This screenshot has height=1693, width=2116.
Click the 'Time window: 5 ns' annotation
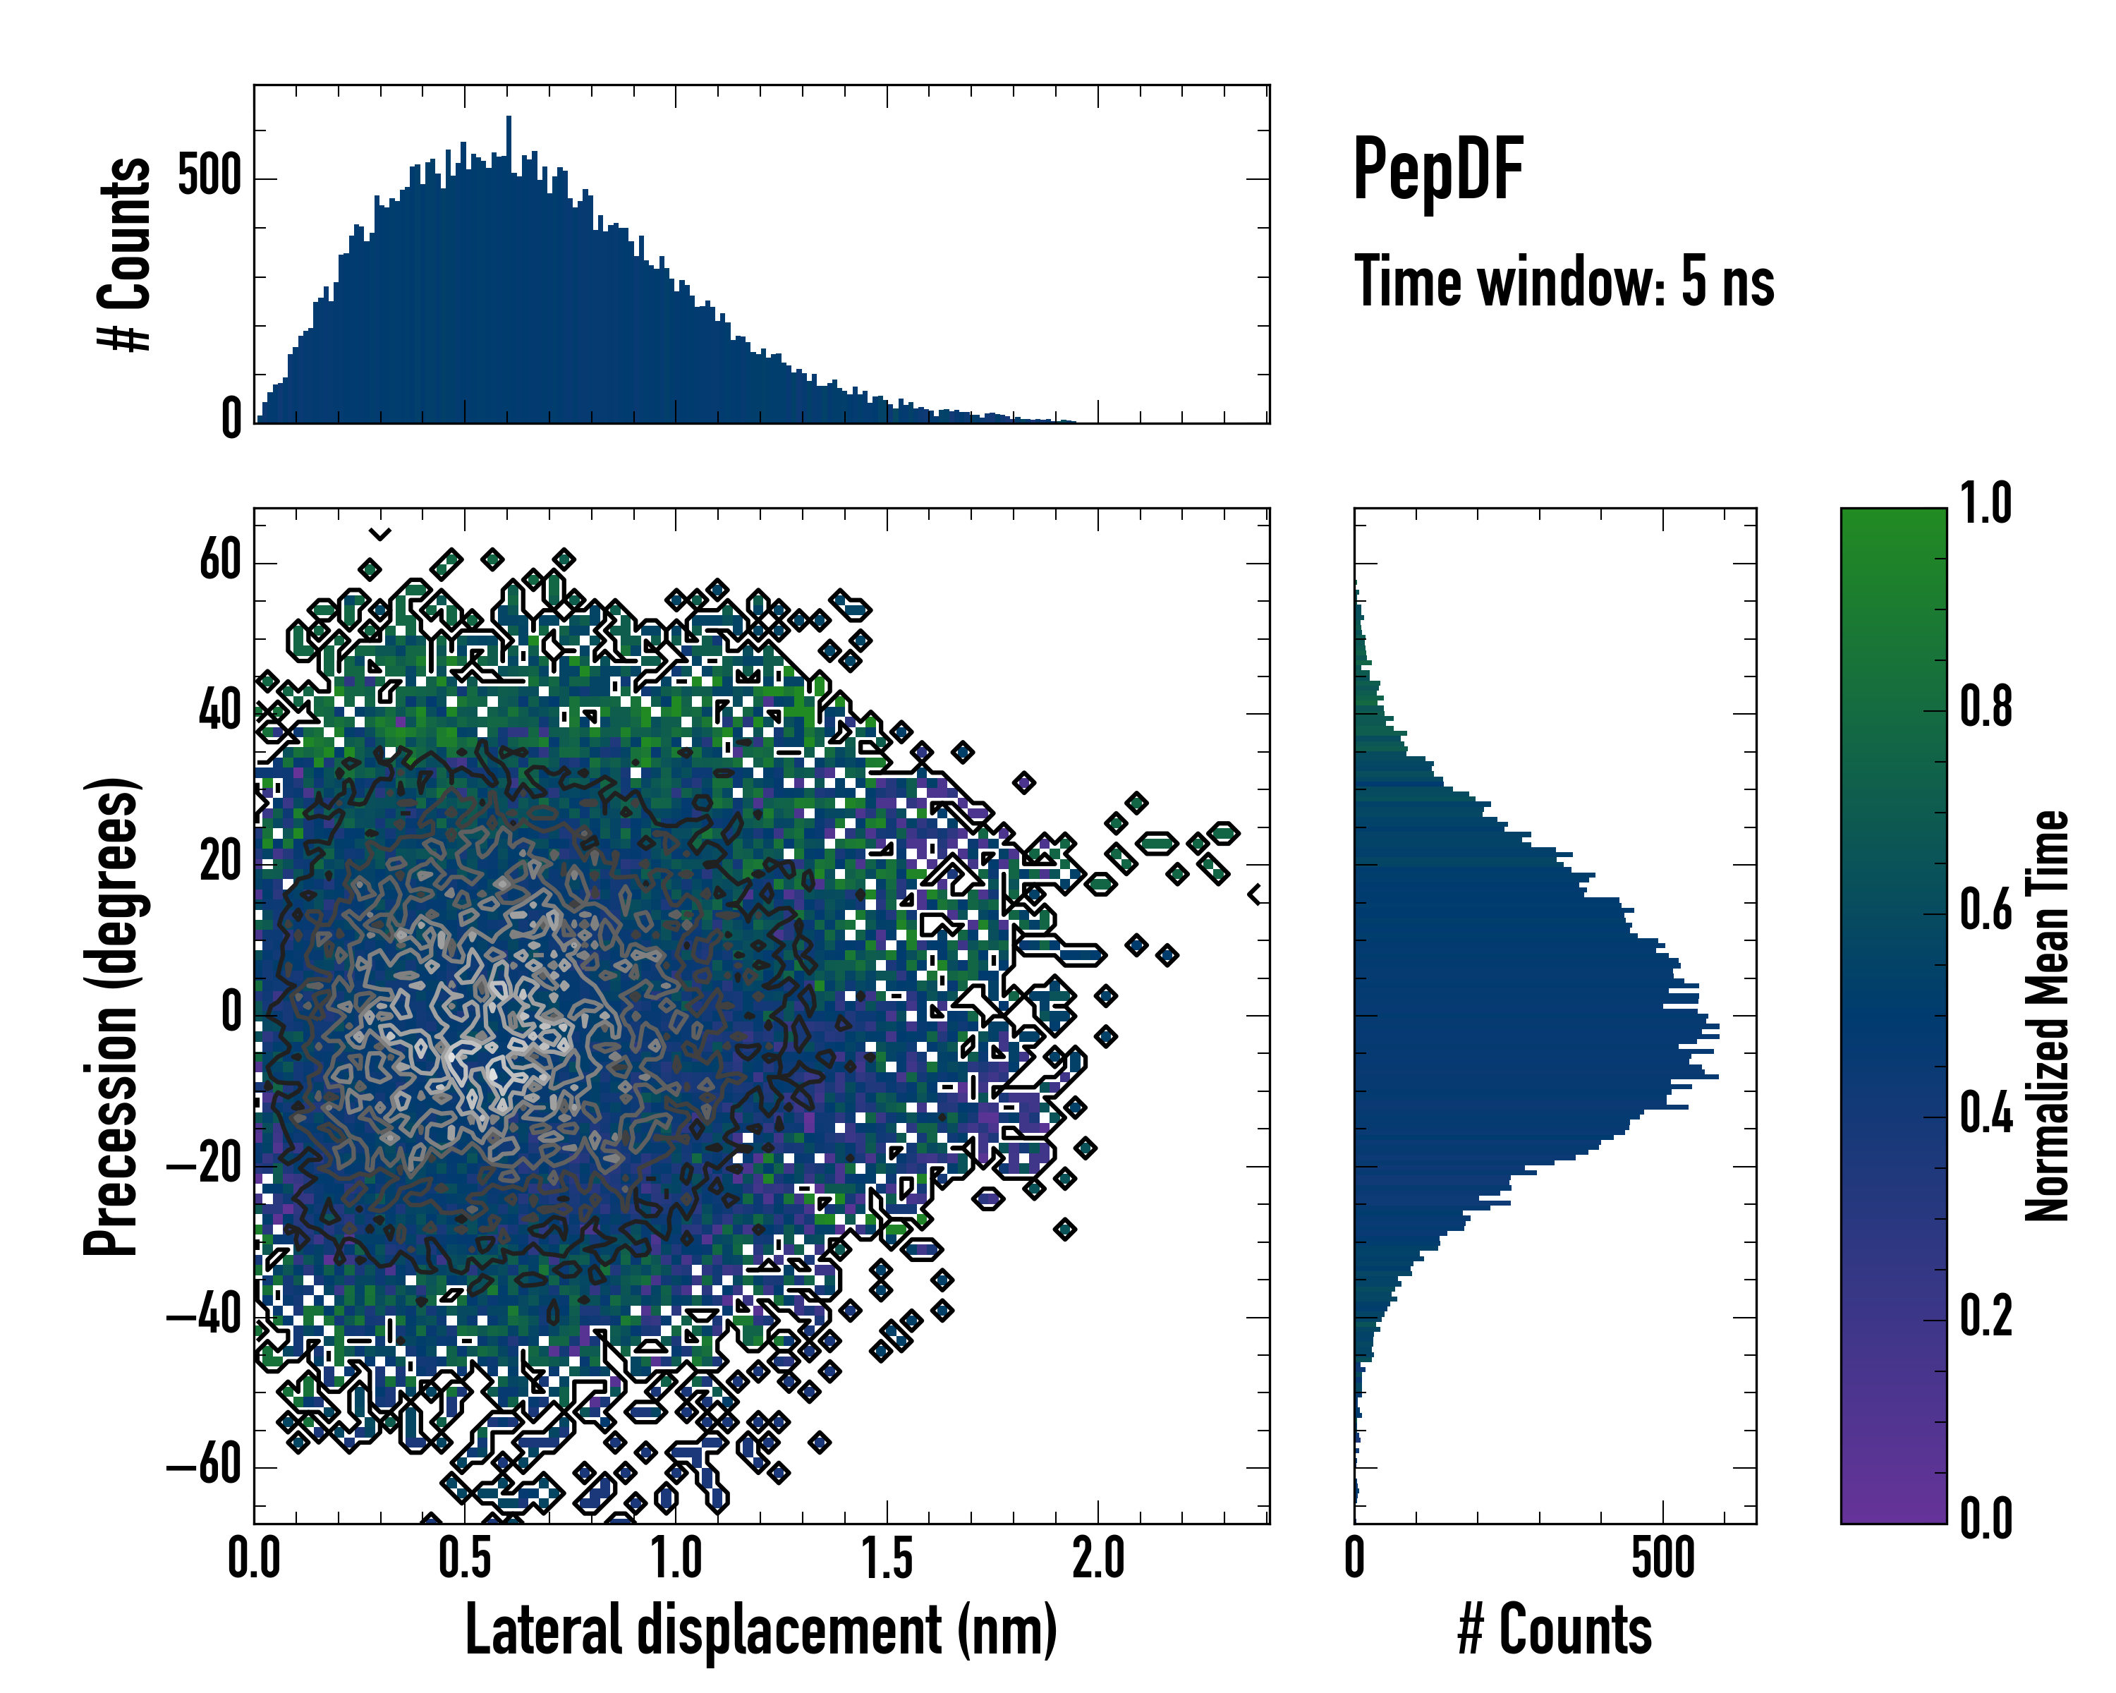(1564, 281)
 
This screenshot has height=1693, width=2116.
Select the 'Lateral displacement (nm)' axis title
(760, 1630)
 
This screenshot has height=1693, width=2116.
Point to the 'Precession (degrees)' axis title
(111, 1017)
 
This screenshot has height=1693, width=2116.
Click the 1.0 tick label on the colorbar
(1986, 504)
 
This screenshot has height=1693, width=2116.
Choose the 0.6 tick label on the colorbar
(1986, 910)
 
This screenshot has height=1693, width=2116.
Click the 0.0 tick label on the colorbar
(1986, 1518)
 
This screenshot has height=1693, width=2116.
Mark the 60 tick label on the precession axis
(220, 562)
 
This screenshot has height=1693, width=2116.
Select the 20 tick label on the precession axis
(220, 863)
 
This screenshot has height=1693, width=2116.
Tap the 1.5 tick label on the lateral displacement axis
(887, 1558)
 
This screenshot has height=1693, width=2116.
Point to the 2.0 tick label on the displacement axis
(1098, 1558)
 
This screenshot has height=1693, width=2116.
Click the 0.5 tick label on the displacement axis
(466, 1558)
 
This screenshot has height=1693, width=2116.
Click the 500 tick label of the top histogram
(209, 178)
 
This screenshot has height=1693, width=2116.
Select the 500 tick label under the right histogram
(1662, 1558)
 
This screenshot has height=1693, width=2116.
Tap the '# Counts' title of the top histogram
(125, 254)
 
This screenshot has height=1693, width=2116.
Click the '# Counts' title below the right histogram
(1555, 1630)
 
